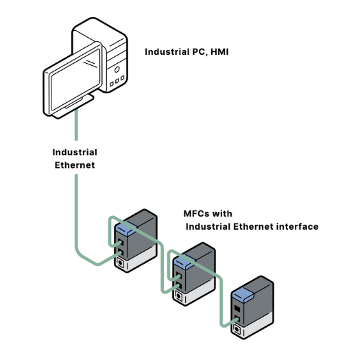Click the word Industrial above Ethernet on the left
75,152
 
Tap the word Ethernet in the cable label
75,165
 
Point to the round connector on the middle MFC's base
180,296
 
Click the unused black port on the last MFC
237,311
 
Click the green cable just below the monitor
77,127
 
